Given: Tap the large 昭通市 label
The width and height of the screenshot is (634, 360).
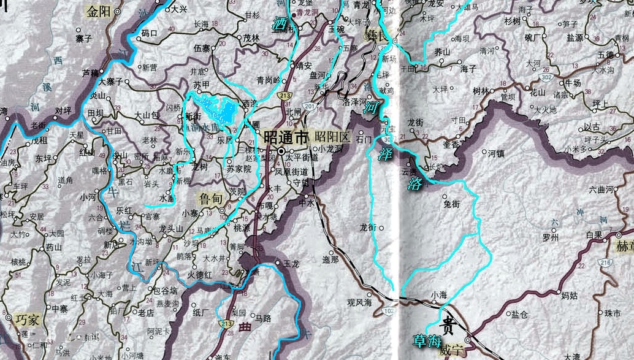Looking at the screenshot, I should pos(285,137).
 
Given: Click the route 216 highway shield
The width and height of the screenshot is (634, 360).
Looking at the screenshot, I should pos(606,263).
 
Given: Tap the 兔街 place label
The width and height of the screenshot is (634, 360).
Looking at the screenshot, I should pos(451,205).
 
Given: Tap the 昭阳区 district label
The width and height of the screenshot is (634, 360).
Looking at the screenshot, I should pos(332,137).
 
